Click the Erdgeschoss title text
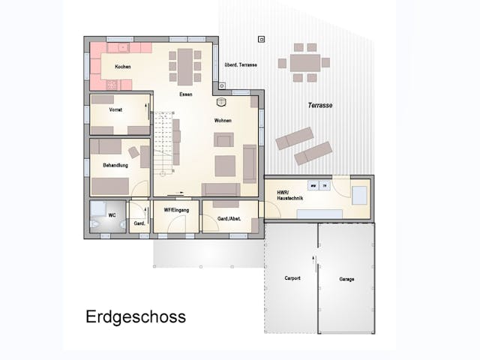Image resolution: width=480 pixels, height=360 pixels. pyautogui.click(x=136, y=316)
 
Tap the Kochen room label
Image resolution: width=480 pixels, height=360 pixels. pyautogui.click(x=123, y=67)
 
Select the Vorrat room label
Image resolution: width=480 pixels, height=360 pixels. pyautogui.click(x=115, y=109)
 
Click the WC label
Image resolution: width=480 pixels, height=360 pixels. pyautogui.click(x=112, y=215)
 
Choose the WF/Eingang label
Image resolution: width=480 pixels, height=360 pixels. pyautogui.click(x=176, y=210)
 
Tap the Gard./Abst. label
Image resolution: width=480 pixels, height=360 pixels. pyautogui.click(x=228, y=219)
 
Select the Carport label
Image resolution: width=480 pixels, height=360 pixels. pyautogui.click(x=292, y=278)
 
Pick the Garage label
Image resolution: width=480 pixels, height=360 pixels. pyautogui.click(x=346, y=279)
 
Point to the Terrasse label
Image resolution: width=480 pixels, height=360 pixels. pyautogui.click(x=319, y=106)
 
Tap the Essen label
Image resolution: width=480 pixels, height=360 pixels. pyautogui.click(x=185, y=94)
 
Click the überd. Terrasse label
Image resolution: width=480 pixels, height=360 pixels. pyautogui.click(x=241, y=64)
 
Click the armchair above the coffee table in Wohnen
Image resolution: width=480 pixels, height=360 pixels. pyautogui.click(x=223, y=139)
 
